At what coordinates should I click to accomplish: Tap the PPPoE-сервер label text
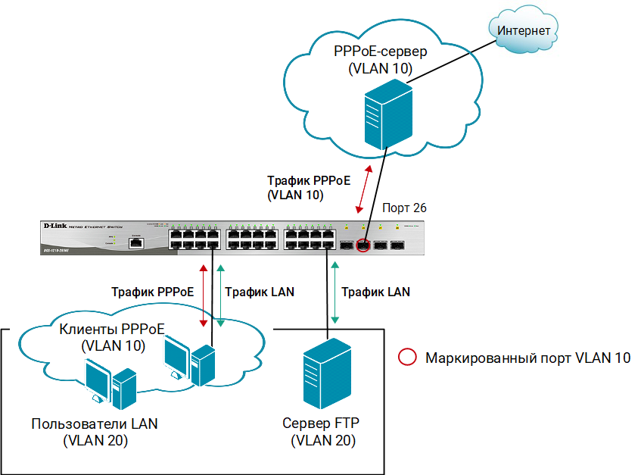(x=381, y=52)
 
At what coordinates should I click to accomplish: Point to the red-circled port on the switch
(x=363, y=245)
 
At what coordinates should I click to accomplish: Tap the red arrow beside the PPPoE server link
(x=364, y=189)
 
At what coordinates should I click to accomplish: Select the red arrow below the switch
(x=203, y=295)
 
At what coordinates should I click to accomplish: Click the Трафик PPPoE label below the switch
(x=152, y=291)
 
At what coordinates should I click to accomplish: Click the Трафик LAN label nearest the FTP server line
(x=375, y=291)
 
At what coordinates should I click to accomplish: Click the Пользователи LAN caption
(x=95, y=423)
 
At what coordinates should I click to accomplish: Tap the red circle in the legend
(x=407, y=358)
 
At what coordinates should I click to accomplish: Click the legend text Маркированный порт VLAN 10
(x=527, y=358)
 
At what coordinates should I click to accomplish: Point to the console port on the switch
(x=135, y=244)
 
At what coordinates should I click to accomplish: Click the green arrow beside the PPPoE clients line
(x=220, y=295)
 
